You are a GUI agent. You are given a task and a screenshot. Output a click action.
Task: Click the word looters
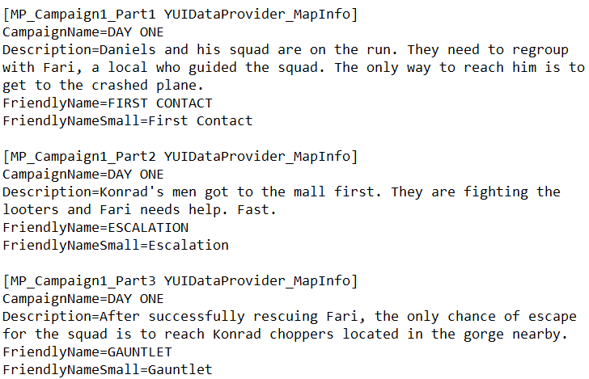pyautogui.click(x=31, y=210)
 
